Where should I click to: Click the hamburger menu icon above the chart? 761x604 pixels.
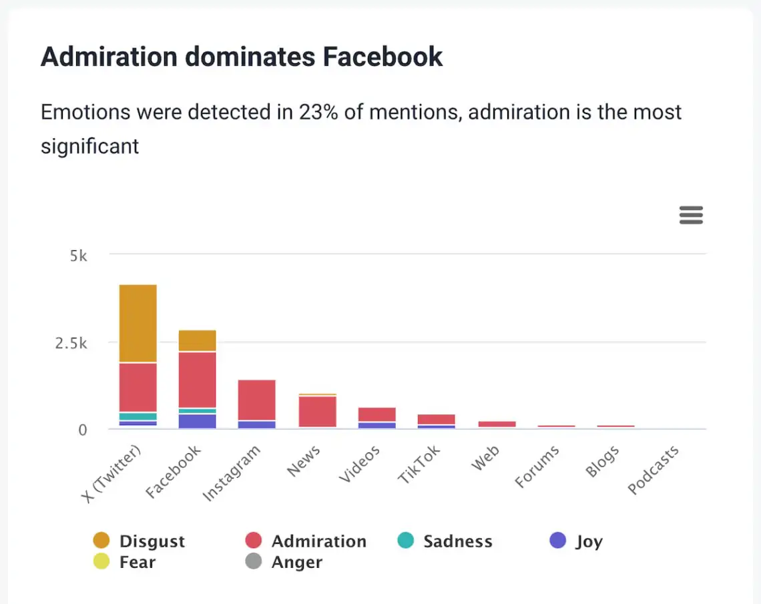pyautogui.click(x=691, y=215)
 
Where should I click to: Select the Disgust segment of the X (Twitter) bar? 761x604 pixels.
pyautogui.click(x=138, y=324)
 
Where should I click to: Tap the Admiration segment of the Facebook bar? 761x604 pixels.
pyautogui.click(x=197, y=379)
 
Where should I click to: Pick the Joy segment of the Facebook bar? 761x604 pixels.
pyautogui.click(x=197, y=421)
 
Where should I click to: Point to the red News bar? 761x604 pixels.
pyautogui.click(x=317, y=412)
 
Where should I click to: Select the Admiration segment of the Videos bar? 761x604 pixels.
pyautogui.click(x=377, y=414)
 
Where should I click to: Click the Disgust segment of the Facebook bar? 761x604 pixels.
pyautogui.click(x=197, y=340)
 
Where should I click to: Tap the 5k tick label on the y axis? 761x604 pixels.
pyautogui.click(x=79, y=256)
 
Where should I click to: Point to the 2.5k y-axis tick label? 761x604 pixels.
pyautogui.click(x=71, y=343)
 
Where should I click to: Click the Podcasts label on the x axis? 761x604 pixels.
pyautogui.click(x=654, y=471)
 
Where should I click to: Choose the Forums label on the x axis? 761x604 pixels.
pyautogui.click(x=537, y=467)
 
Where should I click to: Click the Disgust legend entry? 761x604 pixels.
pyautogui.click(x=152, y=541)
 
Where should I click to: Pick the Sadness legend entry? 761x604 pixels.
pyautogui.click(x=457, y=541)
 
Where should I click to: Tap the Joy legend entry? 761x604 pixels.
pyautogui.click(x=589, y=541)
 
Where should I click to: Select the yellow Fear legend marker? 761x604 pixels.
pyautogui.click(x=102, y=562)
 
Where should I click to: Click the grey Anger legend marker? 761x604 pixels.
pyautogui.click(x=254, y=562)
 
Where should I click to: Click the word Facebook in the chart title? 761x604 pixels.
pyautogui.click(x=383, y=57)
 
